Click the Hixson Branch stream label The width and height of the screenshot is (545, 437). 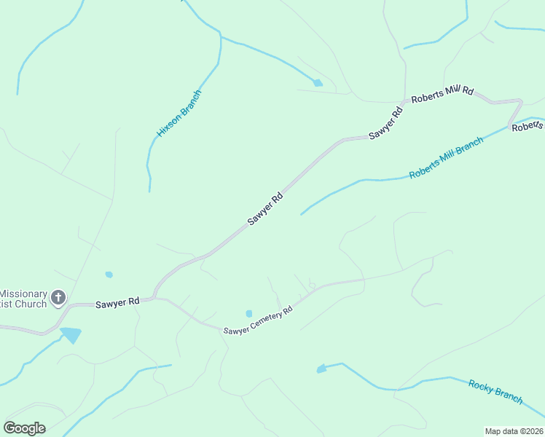point(179,114)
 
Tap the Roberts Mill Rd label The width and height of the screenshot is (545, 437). point(442,95)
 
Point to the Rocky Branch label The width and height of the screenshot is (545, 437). point(495,392)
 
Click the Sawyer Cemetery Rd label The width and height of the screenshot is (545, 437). point(258,320)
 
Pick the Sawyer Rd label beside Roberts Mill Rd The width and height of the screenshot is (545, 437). point(386,123)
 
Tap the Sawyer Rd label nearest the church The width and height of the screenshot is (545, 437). point(117,302)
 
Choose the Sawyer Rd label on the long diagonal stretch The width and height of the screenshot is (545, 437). point(264,209)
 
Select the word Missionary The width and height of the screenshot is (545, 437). point(23,294)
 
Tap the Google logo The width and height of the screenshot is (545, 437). point(24,428)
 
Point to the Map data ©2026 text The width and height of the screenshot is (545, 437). point(514,431)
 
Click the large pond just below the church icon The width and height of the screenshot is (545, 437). point(71,335)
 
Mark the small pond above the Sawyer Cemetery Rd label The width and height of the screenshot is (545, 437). point(249,314)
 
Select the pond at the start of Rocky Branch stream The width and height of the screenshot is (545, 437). point(321,369)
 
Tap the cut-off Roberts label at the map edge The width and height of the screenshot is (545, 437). point(528,127)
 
